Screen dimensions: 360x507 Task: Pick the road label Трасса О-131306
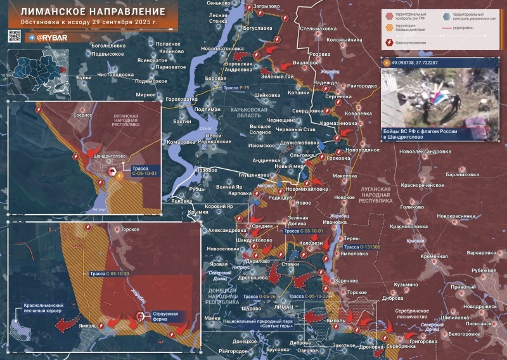click(x=362, y=247)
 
